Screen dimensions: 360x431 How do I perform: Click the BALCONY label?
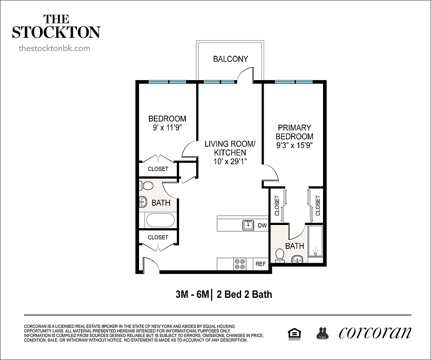[230, 59]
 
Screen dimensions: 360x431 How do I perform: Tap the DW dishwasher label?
[262, 225]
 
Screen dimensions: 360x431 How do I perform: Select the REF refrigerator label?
[260, 264]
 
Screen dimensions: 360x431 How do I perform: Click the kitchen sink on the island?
[248, 225]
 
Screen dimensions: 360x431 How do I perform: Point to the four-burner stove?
[240, 264]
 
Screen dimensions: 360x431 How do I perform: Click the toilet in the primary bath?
[280, 255]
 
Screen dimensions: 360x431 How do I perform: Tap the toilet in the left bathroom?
[146, 186]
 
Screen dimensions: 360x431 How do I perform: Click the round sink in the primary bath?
[297, 260]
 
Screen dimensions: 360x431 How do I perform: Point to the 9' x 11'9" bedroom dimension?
[167, 127]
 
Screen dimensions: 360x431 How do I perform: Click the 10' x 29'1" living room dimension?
[230, 161]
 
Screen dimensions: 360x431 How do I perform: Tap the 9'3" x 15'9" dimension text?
[295, 145]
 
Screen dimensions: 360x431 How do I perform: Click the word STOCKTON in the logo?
[56, 32]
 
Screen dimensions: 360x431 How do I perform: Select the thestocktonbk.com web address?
[54, 48]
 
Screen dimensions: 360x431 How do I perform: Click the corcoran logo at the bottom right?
[375, 332]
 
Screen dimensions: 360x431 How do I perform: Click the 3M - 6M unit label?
[192, 295]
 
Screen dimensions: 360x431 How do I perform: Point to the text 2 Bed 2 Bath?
[244, 295]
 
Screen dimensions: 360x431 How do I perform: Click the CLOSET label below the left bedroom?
[158, 169]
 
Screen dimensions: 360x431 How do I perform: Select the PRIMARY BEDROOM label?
[295, 132]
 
